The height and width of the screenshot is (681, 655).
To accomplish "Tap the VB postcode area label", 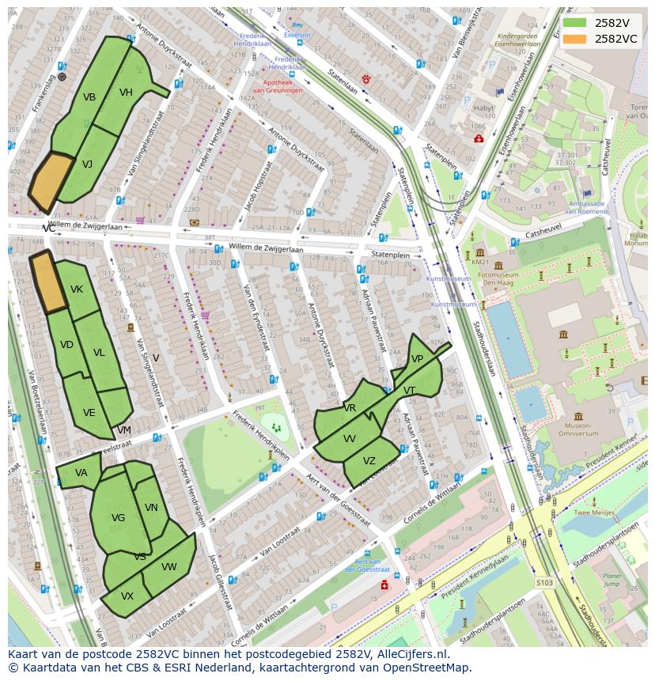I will [89, 97].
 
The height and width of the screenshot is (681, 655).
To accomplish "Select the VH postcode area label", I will [126, 93].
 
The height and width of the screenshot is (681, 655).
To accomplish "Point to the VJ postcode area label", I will [87, 165].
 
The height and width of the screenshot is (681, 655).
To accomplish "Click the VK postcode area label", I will [77, 289].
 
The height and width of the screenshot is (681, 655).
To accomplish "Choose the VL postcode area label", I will [99, 353].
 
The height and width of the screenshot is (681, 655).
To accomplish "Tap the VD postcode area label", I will [66, 345].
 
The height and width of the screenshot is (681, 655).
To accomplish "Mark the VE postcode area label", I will [89, 413].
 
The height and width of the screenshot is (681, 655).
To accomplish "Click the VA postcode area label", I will [81, 473].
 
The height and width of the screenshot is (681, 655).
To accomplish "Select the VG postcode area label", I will [118, 518].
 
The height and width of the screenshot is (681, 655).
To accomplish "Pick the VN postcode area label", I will [151, 508].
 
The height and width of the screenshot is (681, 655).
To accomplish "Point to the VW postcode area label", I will [168, 567].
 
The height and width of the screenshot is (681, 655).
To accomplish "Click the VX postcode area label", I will [127, 596].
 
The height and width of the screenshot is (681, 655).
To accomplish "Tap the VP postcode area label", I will [417, 359].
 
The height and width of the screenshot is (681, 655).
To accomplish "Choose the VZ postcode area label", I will [369, 461].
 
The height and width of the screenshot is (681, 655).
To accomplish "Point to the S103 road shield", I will [544, 582].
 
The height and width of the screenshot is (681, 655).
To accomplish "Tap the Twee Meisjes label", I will [594, 513].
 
